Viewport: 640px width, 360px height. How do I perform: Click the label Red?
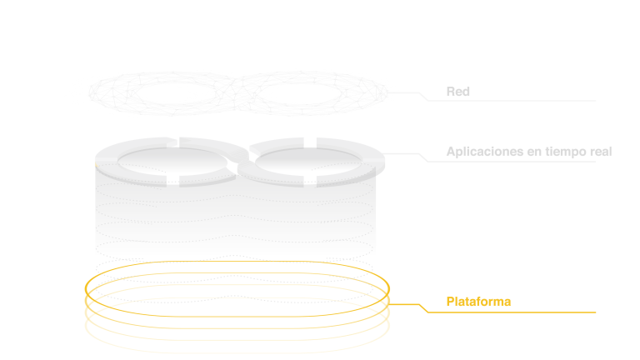(x=458, y=92)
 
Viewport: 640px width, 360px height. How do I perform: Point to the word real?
(x=600, y=152)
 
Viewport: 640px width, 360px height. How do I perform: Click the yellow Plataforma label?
(x=478, y=302)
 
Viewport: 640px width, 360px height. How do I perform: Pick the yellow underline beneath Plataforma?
(x=517, y=312)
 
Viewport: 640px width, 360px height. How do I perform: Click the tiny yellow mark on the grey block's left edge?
(x=97, y=165)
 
